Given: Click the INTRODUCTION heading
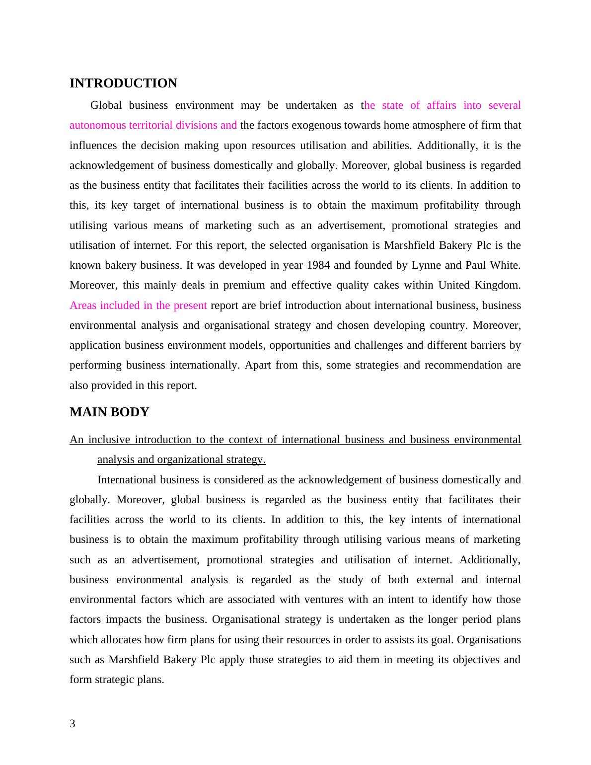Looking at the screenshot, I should click(x=123, y=83).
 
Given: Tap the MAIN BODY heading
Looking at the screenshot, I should click(x=109, y=412).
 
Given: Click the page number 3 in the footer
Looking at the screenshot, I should click(x=73, y=724).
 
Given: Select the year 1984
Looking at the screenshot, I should click(x=318, y=265).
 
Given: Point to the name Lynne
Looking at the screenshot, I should click(x=426, y=265).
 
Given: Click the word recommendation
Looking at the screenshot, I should click(x=463, y=365).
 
